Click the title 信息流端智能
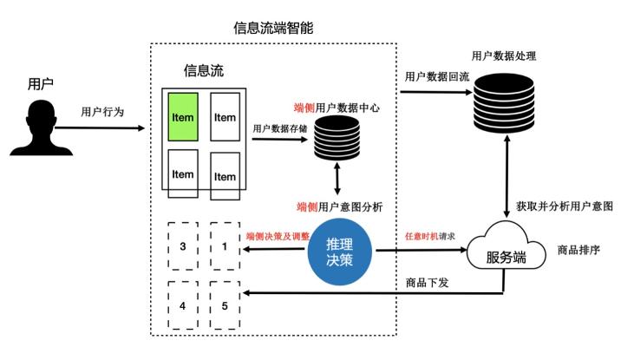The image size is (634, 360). pos(273,28)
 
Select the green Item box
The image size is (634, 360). pos(183,117)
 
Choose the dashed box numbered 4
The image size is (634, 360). pos(182,305)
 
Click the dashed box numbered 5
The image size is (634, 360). pos(225,305)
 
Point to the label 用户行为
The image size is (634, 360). pos(102,112)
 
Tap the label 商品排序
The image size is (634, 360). pos(579,250)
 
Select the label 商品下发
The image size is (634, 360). pos(427,283)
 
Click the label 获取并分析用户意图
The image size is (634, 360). pos(565,207)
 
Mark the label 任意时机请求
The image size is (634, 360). pos(431,235)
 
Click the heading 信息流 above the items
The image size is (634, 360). pos(204,69)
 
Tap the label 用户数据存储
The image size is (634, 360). pos(281,128)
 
